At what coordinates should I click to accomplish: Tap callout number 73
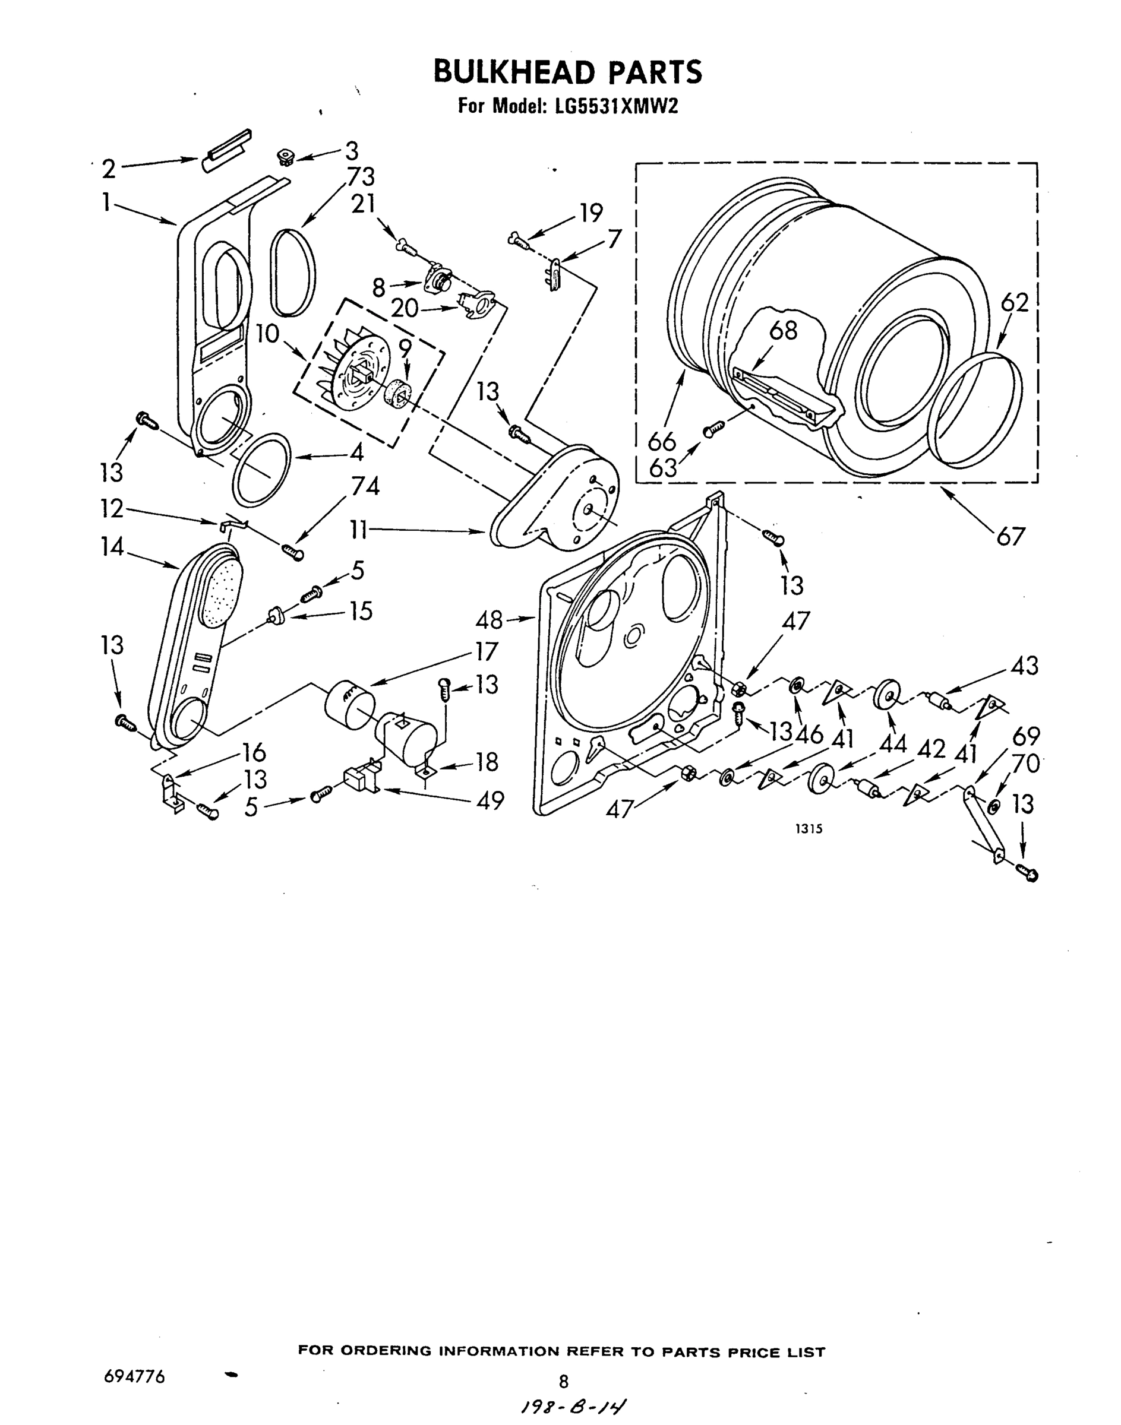pyautogui.click(x=361, y=177)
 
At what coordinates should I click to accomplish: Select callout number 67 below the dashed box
pyautogui.click(x=1010, y=536)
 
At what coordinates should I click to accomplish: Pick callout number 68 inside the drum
pyautogui.click(x=782, y=330)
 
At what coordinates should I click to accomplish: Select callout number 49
pyautogui.click(x=490, y=800)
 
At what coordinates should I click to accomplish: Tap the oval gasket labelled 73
pyautogui.click(x=293, y=273)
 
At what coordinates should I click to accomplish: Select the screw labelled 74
pyautogui.click(x=293, y=552)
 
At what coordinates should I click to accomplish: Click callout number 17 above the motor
pyautogui.click(x=487, y=651)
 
